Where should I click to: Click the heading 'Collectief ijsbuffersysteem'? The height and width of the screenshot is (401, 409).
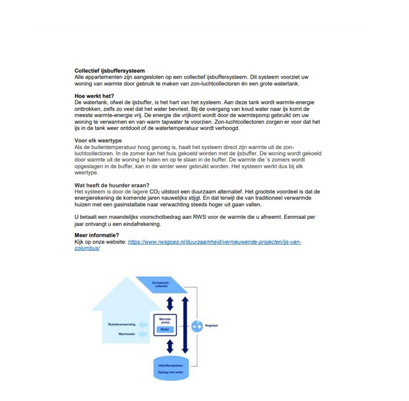pyautogui.click(x=109, y=70)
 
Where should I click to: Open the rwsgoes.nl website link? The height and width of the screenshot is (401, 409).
pyautogui.click(x=214, y=242)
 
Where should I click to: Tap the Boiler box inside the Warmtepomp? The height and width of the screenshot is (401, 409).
pyautogui.click(x=165, y=329)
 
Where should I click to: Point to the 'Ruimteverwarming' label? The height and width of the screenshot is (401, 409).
pyautogui.click(x=121, y=325)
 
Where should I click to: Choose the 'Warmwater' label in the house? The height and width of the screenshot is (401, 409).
pyautogui.click(x=126, y=334)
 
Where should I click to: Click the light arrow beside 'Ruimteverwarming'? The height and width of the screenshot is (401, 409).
pyautogui.click(x=143, y=325)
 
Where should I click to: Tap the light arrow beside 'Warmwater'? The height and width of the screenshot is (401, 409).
pyautogui.click(x=143, y=334)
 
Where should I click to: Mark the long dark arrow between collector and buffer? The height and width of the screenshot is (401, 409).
pyautogui.click(x=185, y=325)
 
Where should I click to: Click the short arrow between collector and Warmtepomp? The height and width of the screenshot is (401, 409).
pyautogui.click(x=170, y=303)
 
